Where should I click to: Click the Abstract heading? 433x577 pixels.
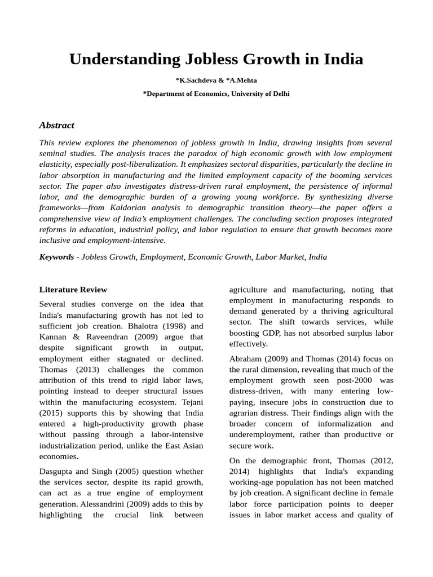coord(56,125)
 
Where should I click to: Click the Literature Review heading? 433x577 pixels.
coord(73,290)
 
